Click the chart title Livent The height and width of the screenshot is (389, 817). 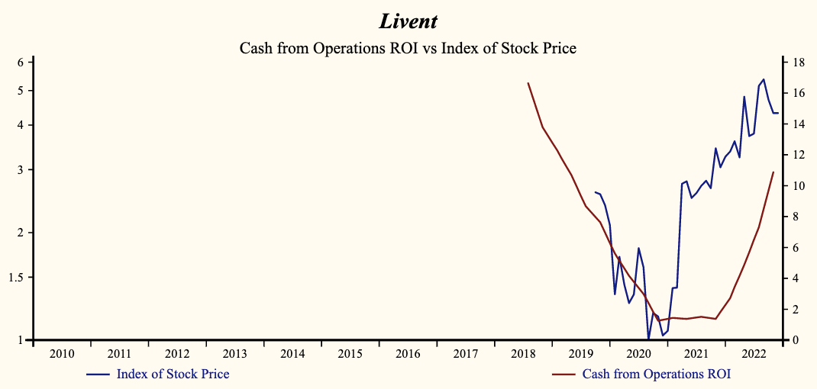click(x=408, y=21)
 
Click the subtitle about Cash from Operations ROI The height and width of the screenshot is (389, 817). click(x=408, y=48)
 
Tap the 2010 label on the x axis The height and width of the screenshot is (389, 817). click(x=62, y=354)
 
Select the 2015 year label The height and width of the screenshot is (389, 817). click(x=350, y=354)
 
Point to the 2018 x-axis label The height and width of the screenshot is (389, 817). click(x=523, y=354)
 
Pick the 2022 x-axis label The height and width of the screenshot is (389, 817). click(x=754, y=354)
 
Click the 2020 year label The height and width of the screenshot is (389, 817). click(x=638, y=354)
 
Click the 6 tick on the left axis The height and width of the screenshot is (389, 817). click(x=20, y=62)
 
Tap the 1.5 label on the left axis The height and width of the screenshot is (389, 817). click(x=16, y=277)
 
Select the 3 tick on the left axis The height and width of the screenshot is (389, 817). click(x=20, y=169)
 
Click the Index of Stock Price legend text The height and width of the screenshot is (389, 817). click(x=173, y=374)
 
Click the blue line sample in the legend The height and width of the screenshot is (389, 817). click(x=99, y=375)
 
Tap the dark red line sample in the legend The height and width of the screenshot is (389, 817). click(x=565, y=375)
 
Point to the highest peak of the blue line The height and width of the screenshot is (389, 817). click(x=764, y=79)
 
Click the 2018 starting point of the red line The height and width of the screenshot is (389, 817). click(x=528, y=83)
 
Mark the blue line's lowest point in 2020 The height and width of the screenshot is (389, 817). click(x=648, y=339)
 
